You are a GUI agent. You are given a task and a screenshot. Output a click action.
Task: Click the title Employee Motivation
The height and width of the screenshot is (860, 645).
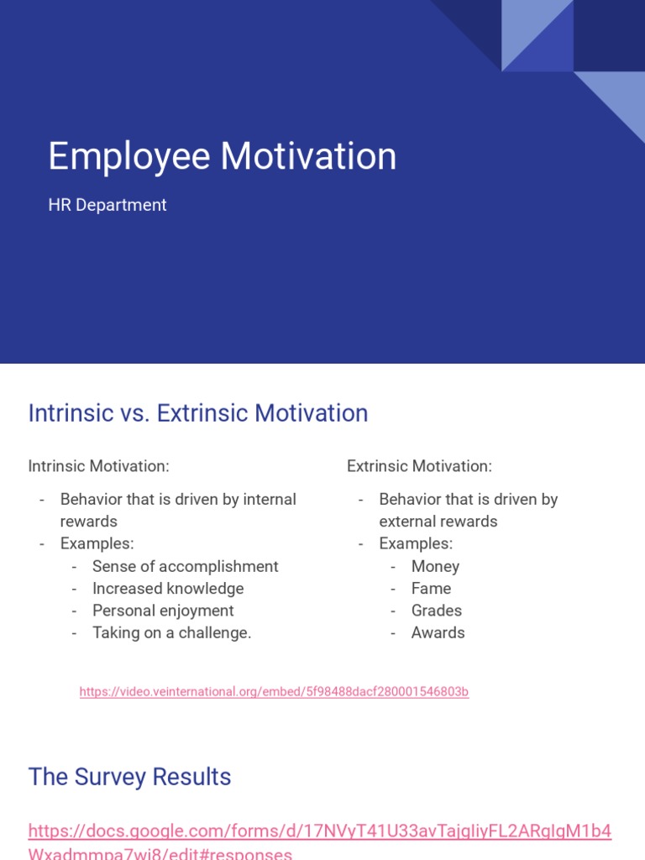click(x=222, y=157)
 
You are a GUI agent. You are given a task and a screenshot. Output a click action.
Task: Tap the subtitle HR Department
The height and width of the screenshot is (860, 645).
click(x=107, y=205)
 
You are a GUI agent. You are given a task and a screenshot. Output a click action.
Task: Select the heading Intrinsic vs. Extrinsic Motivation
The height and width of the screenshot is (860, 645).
click(x=198, y=413)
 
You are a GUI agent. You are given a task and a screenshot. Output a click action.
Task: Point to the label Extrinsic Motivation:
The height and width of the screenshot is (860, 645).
click(x=419, y=466)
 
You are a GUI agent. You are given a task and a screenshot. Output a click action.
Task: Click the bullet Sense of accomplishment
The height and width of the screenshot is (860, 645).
click(x=185, y=567)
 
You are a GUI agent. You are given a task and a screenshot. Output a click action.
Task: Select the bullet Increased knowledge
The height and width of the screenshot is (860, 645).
click(x=168, y=589)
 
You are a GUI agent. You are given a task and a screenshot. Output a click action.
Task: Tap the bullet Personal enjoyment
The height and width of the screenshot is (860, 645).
click(x=163, y=611)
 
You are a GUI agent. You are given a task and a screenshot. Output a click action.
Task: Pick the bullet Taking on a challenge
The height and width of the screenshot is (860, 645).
click(x=171, y=633)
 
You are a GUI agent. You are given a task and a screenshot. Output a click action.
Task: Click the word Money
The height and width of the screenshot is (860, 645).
click(x=435, y=567)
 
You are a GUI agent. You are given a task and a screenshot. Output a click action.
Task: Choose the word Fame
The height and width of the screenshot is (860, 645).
click(x=431, y=589)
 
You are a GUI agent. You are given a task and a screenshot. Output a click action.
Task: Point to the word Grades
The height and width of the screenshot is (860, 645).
click(x=436, y=611)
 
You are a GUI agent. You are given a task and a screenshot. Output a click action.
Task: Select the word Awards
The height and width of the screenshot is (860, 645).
click(x=438, y=633)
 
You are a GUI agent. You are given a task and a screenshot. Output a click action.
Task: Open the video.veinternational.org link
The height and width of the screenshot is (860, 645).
click(x=274, y=692)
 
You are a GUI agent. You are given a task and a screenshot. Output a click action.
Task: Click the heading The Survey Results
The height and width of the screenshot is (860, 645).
click(x=129, y=777)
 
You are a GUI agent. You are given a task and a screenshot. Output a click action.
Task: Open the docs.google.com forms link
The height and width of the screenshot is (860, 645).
click(x=319, y=832)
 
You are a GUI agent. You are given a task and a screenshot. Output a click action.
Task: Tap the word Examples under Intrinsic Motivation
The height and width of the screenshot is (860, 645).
click(x=96, y=543)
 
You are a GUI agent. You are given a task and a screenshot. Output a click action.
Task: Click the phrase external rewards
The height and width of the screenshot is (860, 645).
click(x=438, y=522)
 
